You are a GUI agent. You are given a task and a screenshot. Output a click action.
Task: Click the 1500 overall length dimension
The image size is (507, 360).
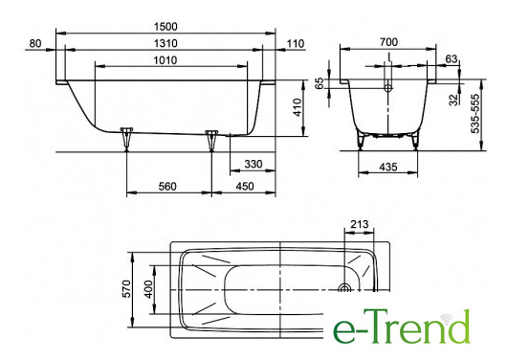165,27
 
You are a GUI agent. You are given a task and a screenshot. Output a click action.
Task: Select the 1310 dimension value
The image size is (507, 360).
165,43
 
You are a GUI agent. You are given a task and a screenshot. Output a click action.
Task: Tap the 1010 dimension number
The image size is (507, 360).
165,60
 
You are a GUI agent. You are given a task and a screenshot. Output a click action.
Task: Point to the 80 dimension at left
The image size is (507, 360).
35,43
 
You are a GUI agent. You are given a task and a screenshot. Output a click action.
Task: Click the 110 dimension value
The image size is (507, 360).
296,43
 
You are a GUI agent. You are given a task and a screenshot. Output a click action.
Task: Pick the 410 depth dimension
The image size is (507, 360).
297,107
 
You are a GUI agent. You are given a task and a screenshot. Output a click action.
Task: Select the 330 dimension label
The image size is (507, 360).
253,164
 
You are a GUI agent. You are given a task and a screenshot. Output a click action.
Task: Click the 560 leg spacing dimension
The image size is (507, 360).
167,187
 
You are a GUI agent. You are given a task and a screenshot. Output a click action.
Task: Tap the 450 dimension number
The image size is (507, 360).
245,187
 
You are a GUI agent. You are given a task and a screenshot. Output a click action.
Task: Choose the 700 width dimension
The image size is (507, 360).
388,42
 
